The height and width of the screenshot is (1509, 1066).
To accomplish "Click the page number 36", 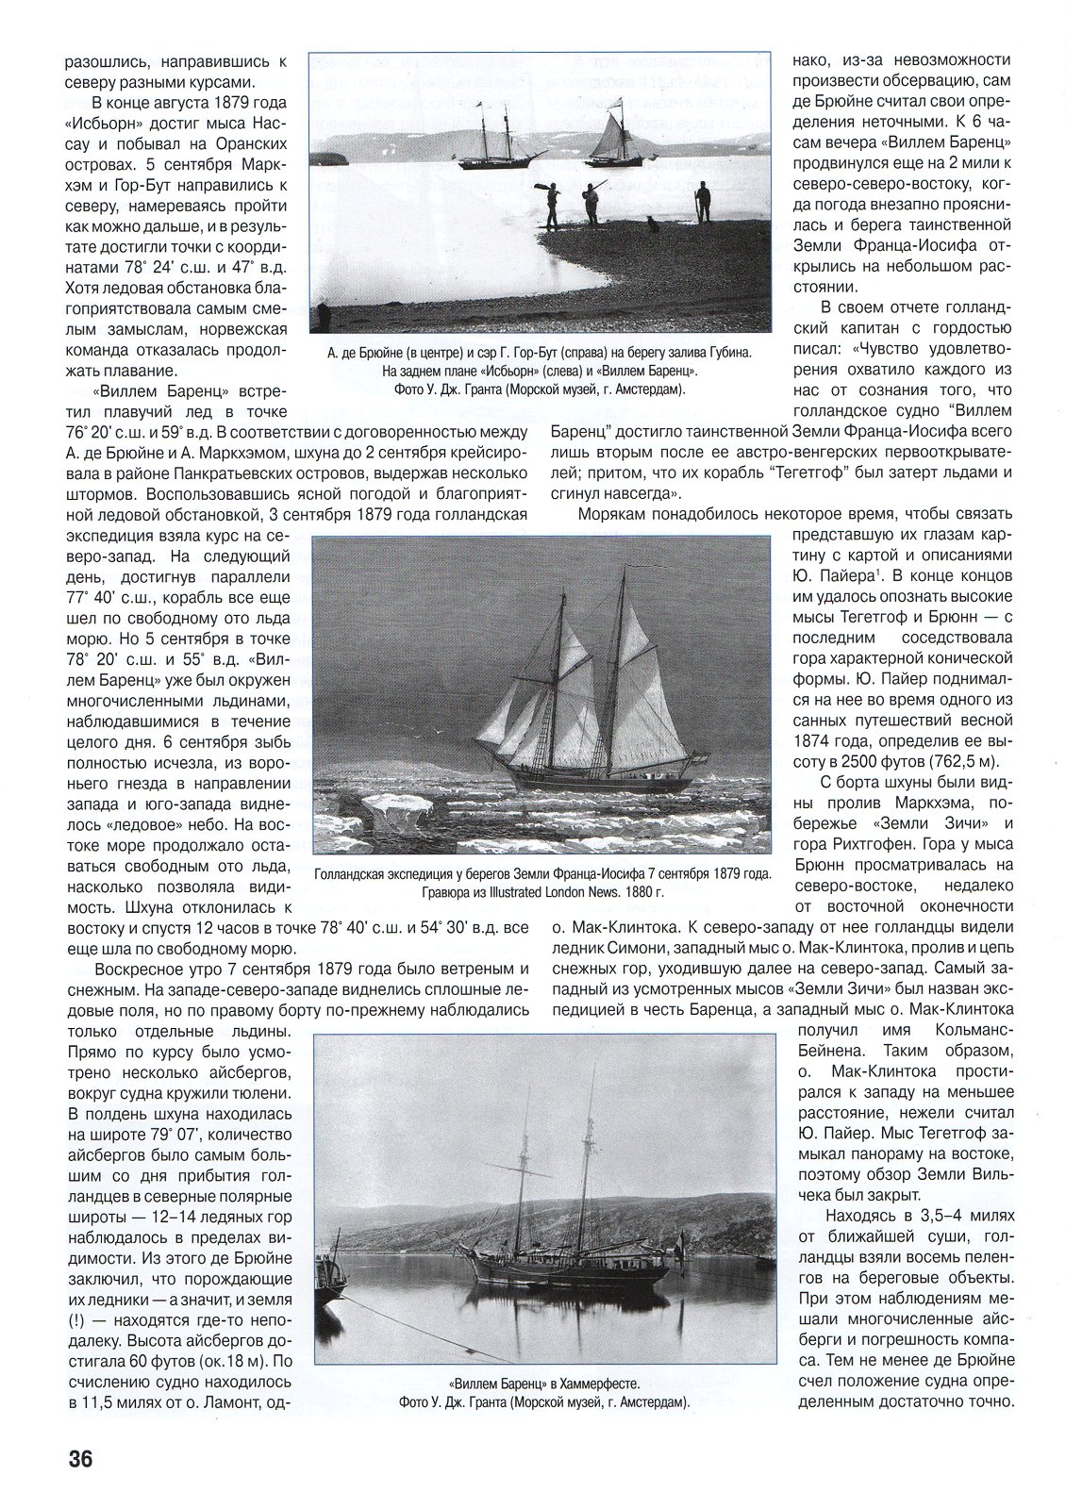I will pos(79,1459).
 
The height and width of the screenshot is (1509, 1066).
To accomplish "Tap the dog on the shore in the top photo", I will pos(651,223).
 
